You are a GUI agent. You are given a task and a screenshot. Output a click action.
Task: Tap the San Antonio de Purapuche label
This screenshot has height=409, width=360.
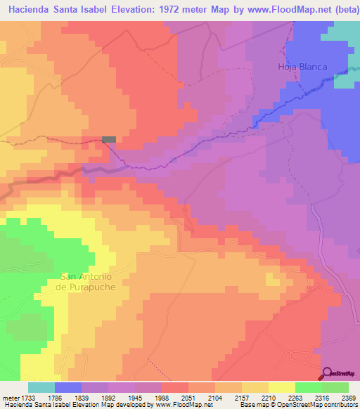click(86, 282)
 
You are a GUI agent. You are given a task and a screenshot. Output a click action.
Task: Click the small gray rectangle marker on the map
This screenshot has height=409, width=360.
click(109, 139)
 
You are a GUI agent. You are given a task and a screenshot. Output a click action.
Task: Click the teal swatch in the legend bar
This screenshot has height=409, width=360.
click(41, 387)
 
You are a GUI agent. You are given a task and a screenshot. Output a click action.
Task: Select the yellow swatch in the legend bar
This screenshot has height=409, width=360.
click(281, 387)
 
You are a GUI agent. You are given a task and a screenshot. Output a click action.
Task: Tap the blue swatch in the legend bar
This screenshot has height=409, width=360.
click(68, 387)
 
